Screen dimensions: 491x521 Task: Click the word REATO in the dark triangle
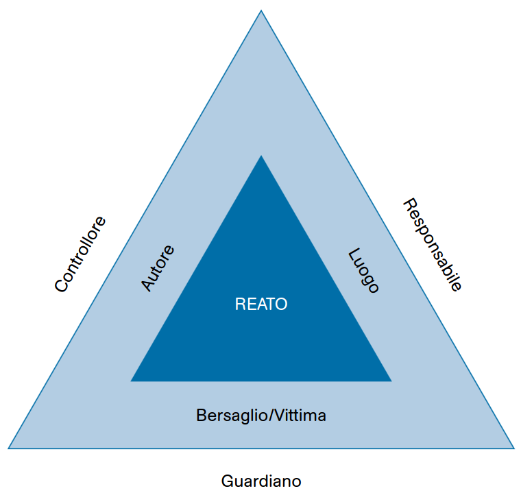261,304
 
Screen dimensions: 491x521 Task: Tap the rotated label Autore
158,268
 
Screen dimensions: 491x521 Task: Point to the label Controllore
81,254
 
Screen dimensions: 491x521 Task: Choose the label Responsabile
432,245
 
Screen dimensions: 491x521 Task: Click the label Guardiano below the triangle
261,481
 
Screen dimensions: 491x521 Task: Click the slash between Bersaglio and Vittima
274,416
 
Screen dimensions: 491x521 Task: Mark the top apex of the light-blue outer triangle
261,11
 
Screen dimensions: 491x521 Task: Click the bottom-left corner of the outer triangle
9,448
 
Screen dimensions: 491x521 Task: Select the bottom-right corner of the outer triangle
513,448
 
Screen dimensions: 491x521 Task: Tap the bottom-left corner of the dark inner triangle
132,381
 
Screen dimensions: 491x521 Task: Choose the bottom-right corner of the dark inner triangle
391,381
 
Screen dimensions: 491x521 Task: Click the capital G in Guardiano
227,481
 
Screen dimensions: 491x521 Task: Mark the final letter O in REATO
282,304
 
